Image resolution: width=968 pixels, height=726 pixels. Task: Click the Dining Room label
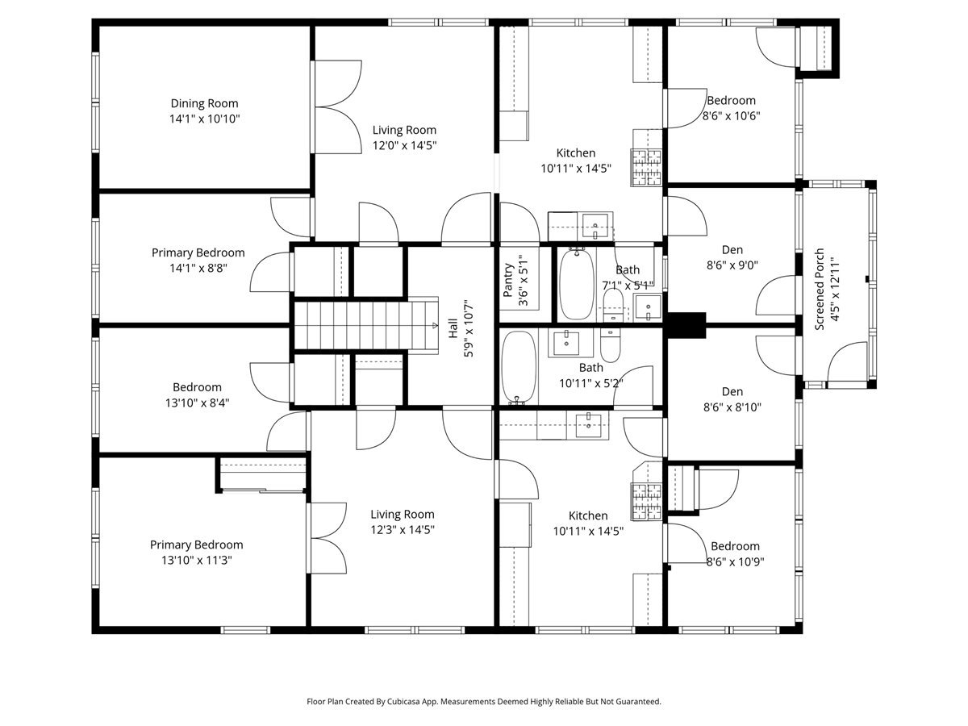(x=204, y=103)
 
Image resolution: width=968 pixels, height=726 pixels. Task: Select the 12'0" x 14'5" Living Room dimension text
(x=404, y=145)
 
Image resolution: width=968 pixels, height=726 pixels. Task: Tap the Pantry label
(x=509, y=282)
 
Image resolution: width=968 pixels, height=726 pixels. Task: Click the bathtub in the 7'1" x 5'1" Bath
(x=576, y=283)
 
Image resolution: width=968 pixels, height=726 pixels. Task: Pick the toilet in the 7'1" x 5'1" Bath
(x=613, y=306)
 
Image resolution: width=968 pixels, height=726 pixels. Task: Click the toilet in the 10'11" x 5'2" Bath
(x=610, y=345)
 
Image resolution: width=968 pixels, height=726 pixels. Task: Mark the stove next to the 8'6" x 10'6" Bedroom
(x=646, y=168)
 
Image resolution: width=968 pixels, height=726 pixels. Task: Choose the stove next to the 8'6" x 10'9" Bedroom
(x=646, y=500)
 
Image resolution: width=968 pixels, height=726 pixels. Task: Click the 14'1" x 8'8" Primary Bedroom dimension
(x=198, y=268)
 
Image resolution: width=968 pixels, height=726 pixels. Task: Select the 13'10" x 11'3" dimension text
(x=196, y=560)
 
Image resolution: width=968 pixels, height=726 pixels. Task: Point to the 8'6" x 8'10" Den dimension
(x=732, y=408)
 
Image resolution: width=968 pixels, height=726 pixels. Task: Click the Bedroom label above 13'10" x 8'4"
(x=197, y=387)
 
